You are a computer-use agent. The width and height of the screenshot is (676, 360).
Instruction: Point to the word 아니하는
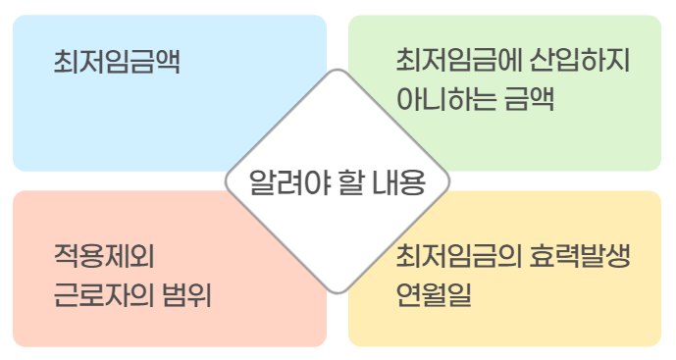pos(442,99)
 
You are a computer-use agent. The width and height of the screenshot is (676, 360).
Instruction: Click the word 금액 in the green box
pos(529,99)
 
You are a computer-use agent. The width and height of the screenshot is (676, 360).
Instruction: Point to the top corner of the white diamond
pos(337,71)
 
